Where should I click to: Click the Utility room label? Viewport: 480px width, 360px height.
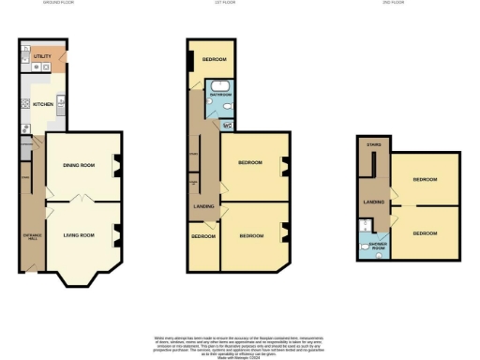[42, 57]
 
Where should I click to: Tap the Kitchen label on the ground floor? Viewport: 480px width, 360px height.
[43, 104]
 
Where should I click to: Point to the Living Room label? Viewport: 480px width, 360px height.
[79, 234]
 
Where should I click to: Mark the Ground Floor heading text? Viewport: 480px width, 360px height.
[58, 4]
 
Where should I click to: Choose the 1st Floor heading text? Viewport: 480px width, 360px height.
[224, 4]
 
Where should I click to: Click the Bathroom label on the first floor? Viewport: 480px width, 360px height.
[220, 96]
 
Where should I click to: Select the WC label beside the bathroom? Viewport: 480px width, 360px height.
[229, 124]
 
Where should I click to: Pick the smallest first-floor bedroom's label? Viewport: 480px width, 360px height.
[203, 236]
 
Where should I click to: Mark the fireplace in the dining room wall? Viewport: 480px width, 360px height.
[116, 167]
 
